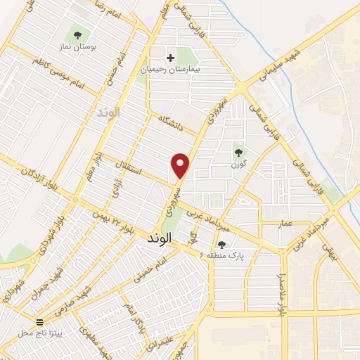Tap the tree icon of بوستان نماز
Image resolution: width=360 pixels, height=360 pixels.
[77, 34]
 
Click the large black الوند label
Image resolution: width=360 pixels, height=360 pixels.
[160, 238]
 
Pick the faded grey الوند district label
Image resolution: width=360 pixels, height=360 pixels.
[109, 112]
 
